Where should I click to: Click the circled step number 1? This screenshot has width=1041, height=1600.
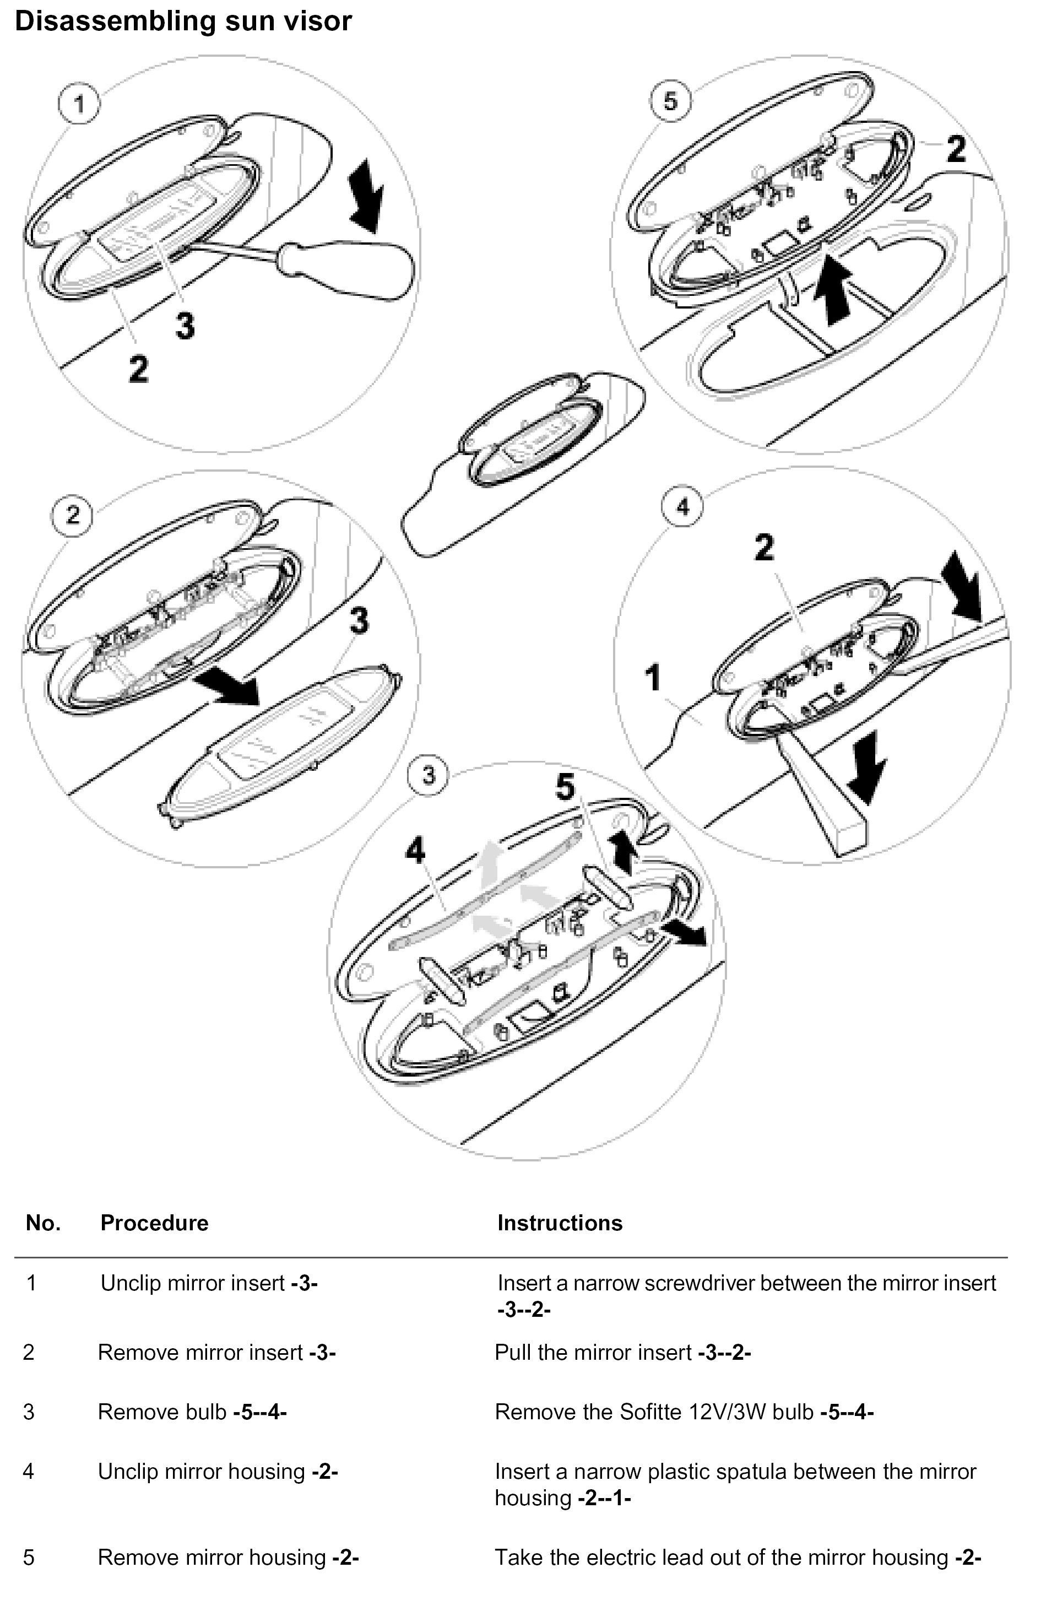click(x=79, y=104)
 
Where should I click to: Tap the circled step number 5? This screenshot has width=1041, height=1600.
click(x=670, y=101)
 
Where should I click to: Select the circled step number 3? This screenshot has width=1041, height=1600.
click(x=429, y=775)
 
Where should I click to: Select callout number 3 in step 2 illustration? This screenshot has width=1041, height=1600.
click(x=359, y=620)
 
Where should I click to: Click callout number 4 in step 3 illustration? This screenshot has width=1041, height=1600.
click(x=415, y=851)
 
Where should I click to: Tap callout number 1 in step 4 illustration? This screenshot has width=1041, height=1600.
click(x=653, y=677)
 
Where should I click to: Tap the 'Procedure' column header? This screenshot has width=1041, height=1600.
click(x=154, y=1223)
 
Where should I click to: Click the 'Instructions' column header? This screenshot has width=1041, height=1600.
click(x=560, y=1223)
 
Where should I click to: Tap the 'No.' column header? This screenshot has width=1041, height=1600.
click(x=43, y=1223)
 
